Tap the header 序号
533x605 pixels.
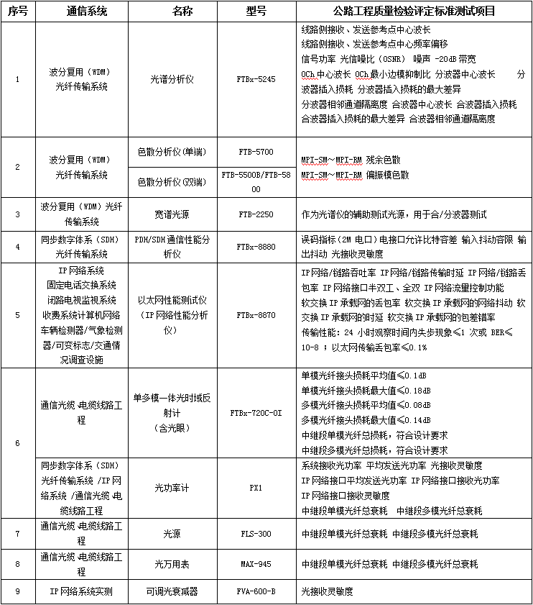pyautogui.click(x=18, y=12)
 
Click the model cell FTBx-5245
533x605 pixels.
pyautogui.click(x=256, y=80)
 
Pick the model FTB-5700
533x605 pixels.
pyautogui.click(x=256, y=153)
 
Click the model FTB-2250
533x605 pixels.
pyautogui.click(x=256, y=214)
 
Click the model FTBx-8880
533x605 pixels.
pyautogui.click(x=256, y=247)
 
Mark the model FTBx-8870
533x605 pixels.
pyautogui.click(x=256, y=315)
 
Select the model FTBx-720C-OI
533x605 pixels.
pyautogui.click(x=256, y=413)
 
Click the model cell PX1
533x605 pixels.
pyautogui.click(x=256, y=487)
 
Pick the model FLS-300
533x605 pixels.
pyautogui.click(x=256, y=534)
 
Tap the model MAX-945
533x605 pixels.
pyautogui.click(x=256, y=564)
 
